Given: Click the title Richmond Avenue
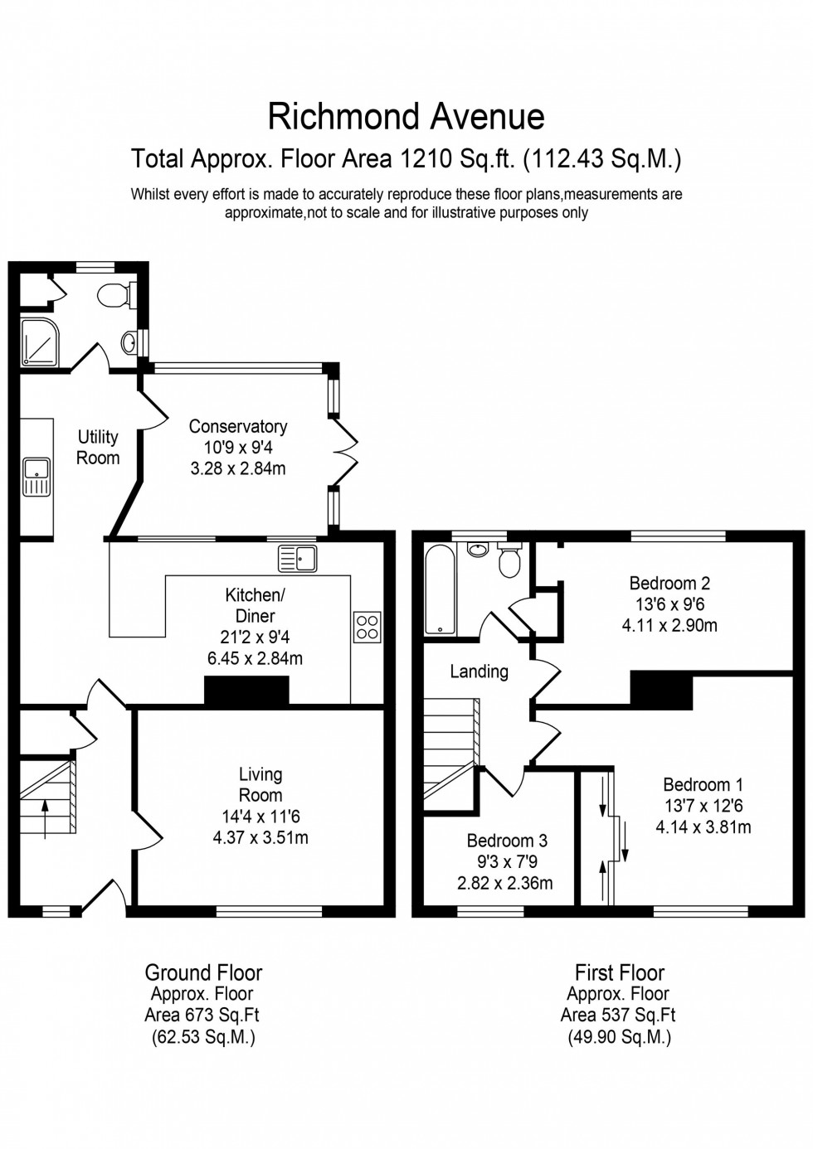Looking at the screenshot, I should point(406,117).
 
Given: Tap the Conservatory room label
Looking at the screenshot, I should point(238,426).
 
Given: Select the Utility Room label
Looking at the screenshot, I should point(98,447).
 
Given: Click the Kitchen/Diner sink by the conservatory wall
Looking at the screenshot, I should point(298,558).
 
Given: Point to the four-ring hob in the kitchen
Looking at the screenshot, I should point(368,626).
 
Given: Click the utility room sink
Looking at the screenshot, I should point(37,476).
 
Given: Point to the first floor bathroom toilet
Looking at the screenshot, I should point(509,561).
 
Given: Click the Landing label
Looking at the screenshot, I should point(479,671).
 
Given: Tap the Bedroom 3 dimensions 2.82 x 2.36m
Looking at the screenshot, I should point(504,883).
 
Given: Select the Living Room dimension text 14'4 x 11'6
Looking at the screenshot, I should point(260,817).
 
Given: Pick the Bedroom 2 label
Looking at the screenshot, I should point(669,583).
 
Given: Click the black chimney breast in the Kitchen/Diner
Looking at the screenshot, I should point(246,691).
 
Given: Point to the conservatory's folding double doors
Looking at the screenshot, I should point(343,453).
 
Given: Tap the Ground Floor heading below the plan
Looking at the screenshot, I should point(203,972).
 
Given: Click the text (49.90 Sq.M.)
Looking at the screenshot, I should point(619,1036).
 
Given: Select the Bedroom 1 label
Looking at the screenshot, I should point(703,784).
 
